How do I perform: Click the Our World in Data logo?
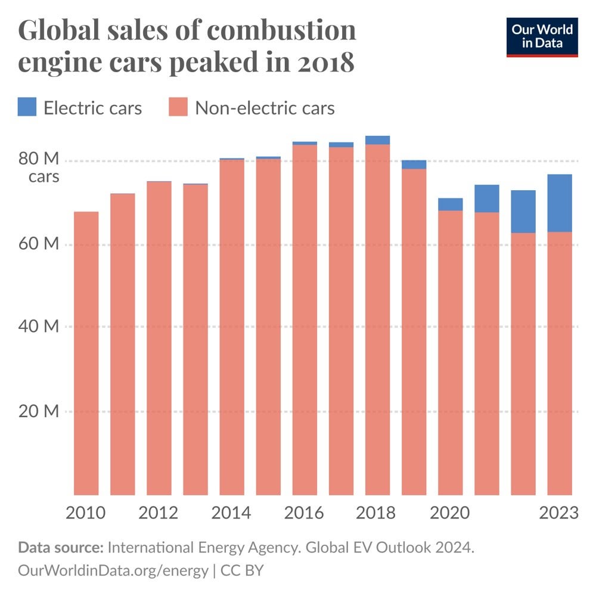pyautogui.click(x=542, y=37)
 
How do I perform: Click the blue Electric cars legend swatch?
pyautogui.click(x=28, y=108)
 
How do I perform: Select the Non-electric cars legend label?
pyautogui.click(x=265, y=108)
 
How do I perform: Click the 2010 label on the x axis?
pyautogui.click(x=86, y=513)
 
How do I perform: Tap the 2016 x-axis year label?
pyautogui.click(x=305, y=513)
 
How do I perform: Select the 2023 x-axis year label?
pyautogui.click(x=558, y=513)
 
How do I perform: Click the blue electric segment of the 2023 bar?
pyautogui.click(x=560, y=203)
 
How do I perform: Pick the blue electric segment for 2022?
pyautogui.click(x=523, y=212)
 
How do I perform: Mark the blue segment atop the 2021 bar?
pyautogui.click(x=487, y=198)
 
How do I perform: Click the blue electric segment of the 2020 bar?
pyautogui.click(x=451, y=204)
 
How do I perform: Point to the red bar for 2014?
pyautogui.click(x=232, y=327)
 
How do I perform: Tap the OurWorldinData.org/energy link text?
pyautogui.click(x=113, y=570)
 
